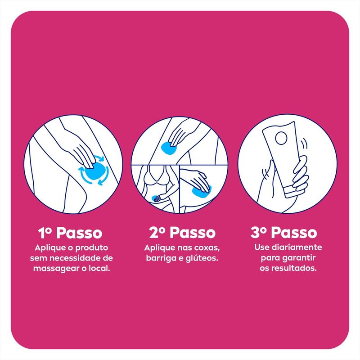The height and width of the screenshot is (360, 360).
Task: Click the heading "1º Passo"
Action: coord(70,233)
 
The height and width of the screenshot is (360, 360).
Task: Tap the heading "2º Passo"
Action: coord(182,232)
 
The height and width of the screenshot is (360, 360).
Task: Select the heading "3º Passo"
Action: coord(284,232)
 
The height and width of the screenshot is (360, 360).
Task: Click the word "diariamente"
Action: coord(297,247)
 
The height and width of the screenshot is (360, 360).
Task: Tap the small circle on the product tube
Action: coord(281,138)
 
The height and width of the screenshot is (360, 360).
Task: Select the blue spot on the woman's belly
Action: coord(155,198)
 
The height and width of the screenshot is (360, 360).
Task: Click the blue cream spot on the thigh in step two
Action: coord(168,148)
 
